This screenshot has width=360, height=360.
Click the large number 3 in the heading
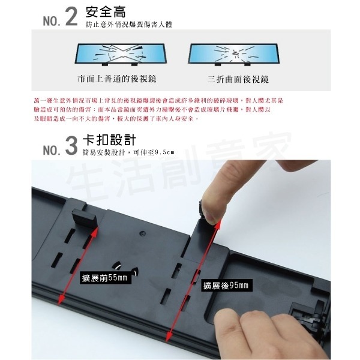tap(71, 146)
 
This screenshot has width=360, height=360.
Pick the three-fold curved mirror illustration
tap(236, 55)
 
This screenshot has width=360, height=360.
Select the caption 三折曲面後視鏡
tap(238, 79)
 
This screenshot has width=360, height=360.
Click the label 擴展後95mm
tap(225, 285)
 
